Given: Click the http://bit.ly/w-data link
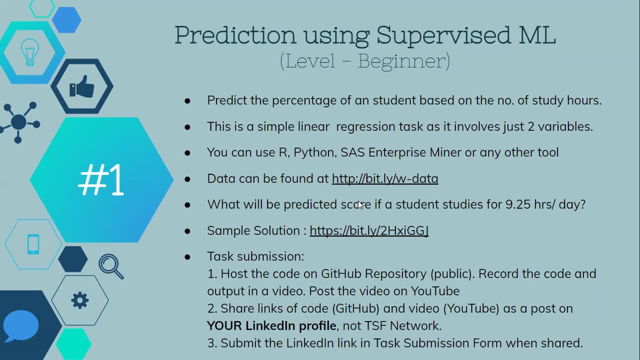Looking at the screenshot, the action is click(x=385, y=179).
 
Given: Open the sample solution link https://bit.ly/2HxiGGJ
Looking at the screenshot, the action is click(x=369, y=231).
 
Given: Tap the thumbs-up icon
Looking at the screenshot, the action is click(x=82, y=86).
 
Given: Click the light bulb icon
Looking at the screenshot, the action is click(x=30, y=52).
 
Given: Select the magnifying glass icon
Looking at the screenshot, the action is click(x=111, y=266).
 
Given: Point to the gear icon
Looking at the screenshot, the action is click(x=79, y=300).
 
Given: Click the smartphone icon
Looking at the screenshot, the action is click(x=33, y=244).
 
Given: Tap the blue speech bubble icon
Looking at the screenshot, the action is click(x=20, y=326).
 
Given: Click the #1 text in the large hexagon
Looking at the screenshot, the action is click(x=101, y=179).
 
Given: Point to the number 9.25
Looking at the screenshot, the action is click(x=518, y=204).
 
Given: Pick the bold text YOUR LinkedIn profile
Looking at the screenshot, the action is click(x=271, y=326).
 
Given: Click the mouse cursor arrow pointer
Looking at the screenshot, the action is click(x=360, y=205).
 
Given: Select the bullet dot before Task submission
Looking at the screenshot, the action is click(x=187, y=257).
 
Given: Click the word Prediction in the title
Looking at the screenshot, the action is click(x=235, y=35).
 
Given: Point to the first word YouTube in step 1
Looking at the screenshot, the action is click(x=435, y=291).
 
